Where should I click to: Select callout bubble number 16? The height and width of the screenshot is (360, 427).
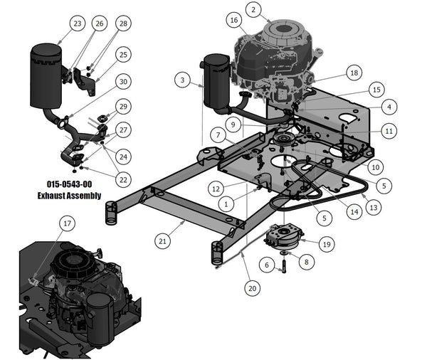point(234,21)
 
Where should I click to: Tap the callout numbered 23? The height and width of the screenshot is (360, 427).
point(78,23)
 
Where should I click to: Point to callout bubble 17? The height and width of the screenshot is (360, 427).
point(68,223)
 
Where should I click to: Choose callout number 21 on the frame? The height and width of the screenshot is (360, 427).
point(163,242)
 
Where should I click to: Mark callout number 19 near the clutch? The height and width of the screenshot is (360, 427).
point(326,244)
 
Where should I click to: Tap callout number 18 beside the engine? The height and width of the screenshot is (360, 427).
point(354,73)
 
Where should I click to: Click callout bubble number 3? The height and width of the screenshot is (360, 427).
point(183,80)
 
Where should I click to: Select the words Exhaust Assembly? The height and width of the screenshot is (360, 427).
point(68,196)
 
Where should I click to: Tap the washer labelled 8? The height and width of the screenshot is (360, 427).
point(284,251)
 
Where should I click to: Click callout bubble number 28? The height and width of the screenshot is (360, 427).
point(123,23)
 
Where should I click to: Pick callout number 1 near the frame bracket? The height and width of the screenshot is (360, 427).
point(227,203)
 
